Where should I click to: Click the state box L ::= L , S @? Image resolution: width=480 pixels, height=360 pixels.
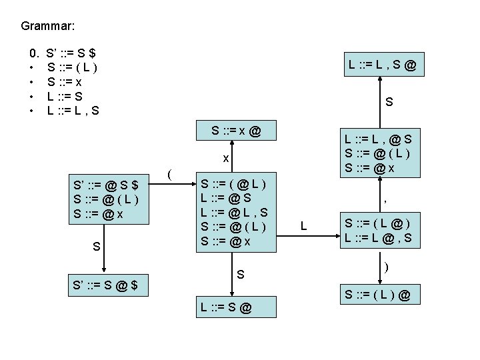pyautogui.click(x=383, y=65)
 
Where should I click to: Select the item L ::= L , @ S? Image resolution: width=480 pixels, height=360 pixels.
pyautogui.click(x=377, y=139)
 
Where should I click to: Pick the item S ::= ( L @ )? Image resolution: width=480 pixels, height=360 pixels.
pyautogui.click(x=377, y=222)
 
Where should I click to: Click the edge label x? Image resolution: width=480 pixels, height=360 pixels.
pyautogui.click(x=226, y=159)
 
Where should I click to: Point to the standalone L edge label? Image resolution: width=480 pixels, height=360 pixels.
pyautogui.click(x=303, y=227)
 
